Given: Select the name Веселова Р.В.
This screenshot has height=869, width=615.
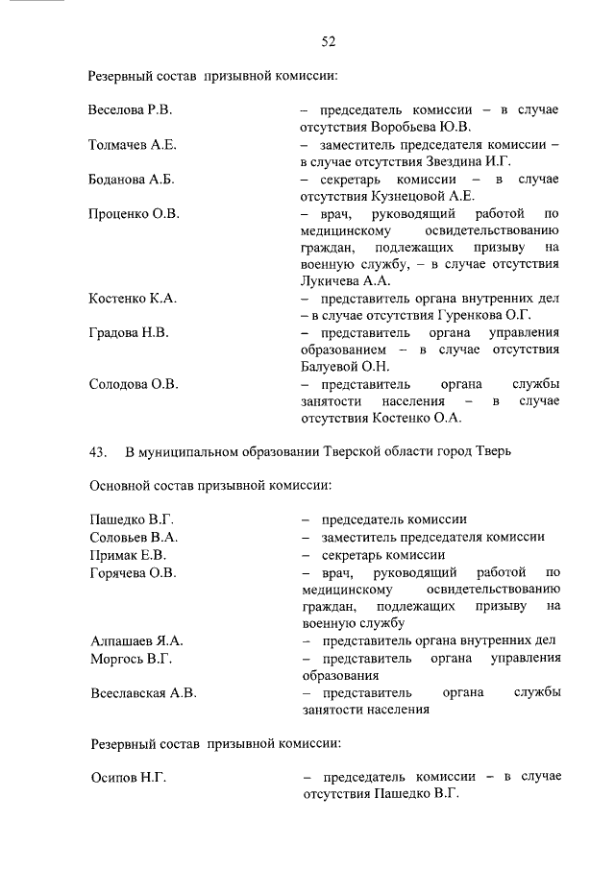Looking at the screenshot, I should click(x=130, y=110).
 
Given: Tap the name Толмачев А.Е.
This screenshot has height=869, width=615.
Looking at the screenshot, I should click(x=133, y=145).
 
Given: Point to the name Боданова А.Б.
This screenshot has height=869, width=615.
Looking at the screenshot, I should click(x=131, y=180).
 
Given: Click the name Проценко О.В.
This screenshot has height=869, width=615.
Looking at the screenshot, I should click(x=134, y=213).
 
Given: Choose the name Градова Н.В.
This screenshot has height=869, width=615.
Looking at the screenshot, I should click(x=129, y=333).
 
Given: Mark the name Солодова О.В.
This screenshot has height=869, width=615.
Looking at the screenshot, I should click(x=133, y=384).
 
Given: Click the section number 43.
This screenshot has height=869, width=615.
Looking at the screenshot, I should click(x=97, y=452).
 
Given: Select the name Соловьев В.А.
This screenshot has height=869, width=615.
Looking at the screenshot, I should click(x=133, y=538).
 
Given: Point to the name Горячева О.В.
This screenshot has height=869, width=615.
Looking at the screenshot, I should click(x=133, y=573).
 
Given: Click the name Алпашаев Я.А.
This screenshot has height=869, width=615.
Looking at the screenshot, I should click(x=135, y=640).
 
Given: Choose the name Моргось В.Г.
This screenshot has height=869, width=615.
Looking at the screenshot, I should click(x=130, y=659).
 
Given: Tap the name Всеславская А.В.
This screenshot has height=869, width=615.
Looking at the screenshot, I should click(x=143, y=692).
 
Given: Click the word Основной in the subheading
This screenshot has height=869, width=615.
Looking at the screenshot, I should click(x=123, y=486).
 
